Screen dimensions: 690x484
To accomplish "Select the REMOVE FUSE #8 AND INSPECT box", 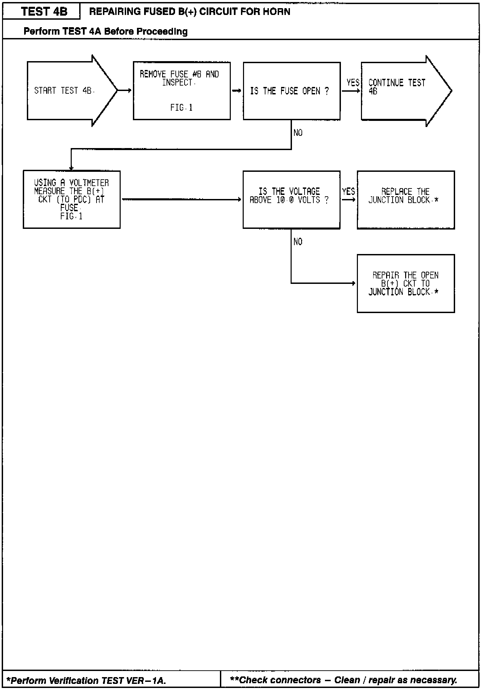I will (x=181, y=91).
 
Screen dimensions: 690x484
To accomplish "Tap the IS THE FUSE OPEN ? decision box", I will (x=291, y=91).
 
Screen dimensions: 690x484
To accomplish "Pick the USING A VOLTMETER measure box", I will (x=71, y=199).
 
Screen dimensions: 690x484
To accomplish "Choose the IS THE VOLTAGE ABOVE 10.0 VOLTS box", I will (x=291, y=199).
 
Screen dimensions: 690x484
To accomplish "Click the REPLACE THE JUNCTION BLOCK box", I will (x=405, y=200).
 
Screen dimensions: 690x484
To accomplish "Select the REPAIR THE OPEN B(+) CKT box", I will (x=405, y=283).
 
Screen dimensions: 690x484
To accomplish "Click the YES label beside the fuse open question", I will (x=352, y=83).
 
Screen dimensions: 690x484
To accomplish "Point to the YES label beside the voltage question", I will (x=348, y=192).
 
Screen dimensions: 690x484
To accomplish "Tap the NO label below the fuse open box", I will (x=298, y=133).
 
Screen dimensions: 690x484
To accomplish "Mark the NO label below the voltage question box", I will (x=298, y=242).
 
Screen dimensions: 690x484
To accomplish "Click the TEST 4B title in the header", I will (x=44, y=12).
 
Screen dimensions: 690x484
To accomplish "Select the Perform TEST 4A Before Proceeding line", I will (x=105, y=32).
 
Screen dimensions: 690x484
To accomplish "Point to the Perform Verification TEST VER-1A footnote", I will (x=86, y=680).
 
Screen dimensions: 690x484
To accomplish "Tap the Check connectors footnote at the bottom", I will (x=343, y=680).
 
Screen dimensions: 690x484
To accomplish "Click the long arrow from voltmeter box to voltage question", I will (x=181, y=200).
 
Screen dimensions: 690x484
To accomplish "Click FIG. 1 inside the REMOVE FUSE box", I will (x=181, y=108).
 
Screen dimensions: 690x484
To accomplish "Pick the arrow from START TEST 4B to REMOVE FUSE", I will (x=125, y=91).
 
